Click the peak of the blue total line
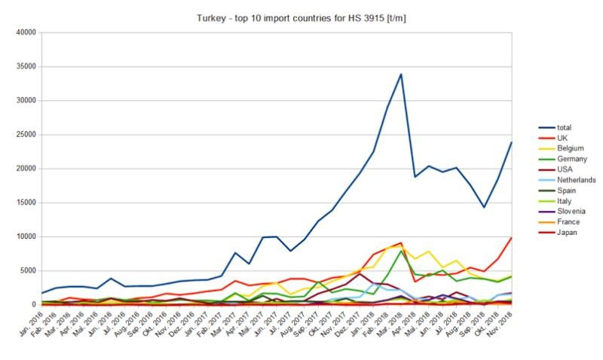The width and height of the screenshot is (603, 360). coord(401,74)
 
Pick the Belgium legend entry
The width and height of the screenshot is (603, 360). coord(562,149)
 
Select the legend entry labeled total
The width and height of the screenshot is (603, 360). coord(556,129)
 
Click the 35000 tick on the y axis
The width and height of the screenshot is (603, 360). coord(26,66)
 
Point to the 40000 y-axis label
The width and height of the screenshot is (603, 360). coord(26,32)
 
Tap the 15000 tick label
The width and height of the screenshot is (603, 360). coord(26,203)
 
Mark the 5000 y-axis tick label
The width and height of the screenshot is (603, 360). coord(28,270)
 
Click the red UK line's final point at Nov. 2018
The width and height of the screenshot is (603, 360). coord(512,238)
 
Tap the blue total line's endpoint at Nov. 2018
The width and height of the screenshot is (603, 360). coord(512,142)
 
